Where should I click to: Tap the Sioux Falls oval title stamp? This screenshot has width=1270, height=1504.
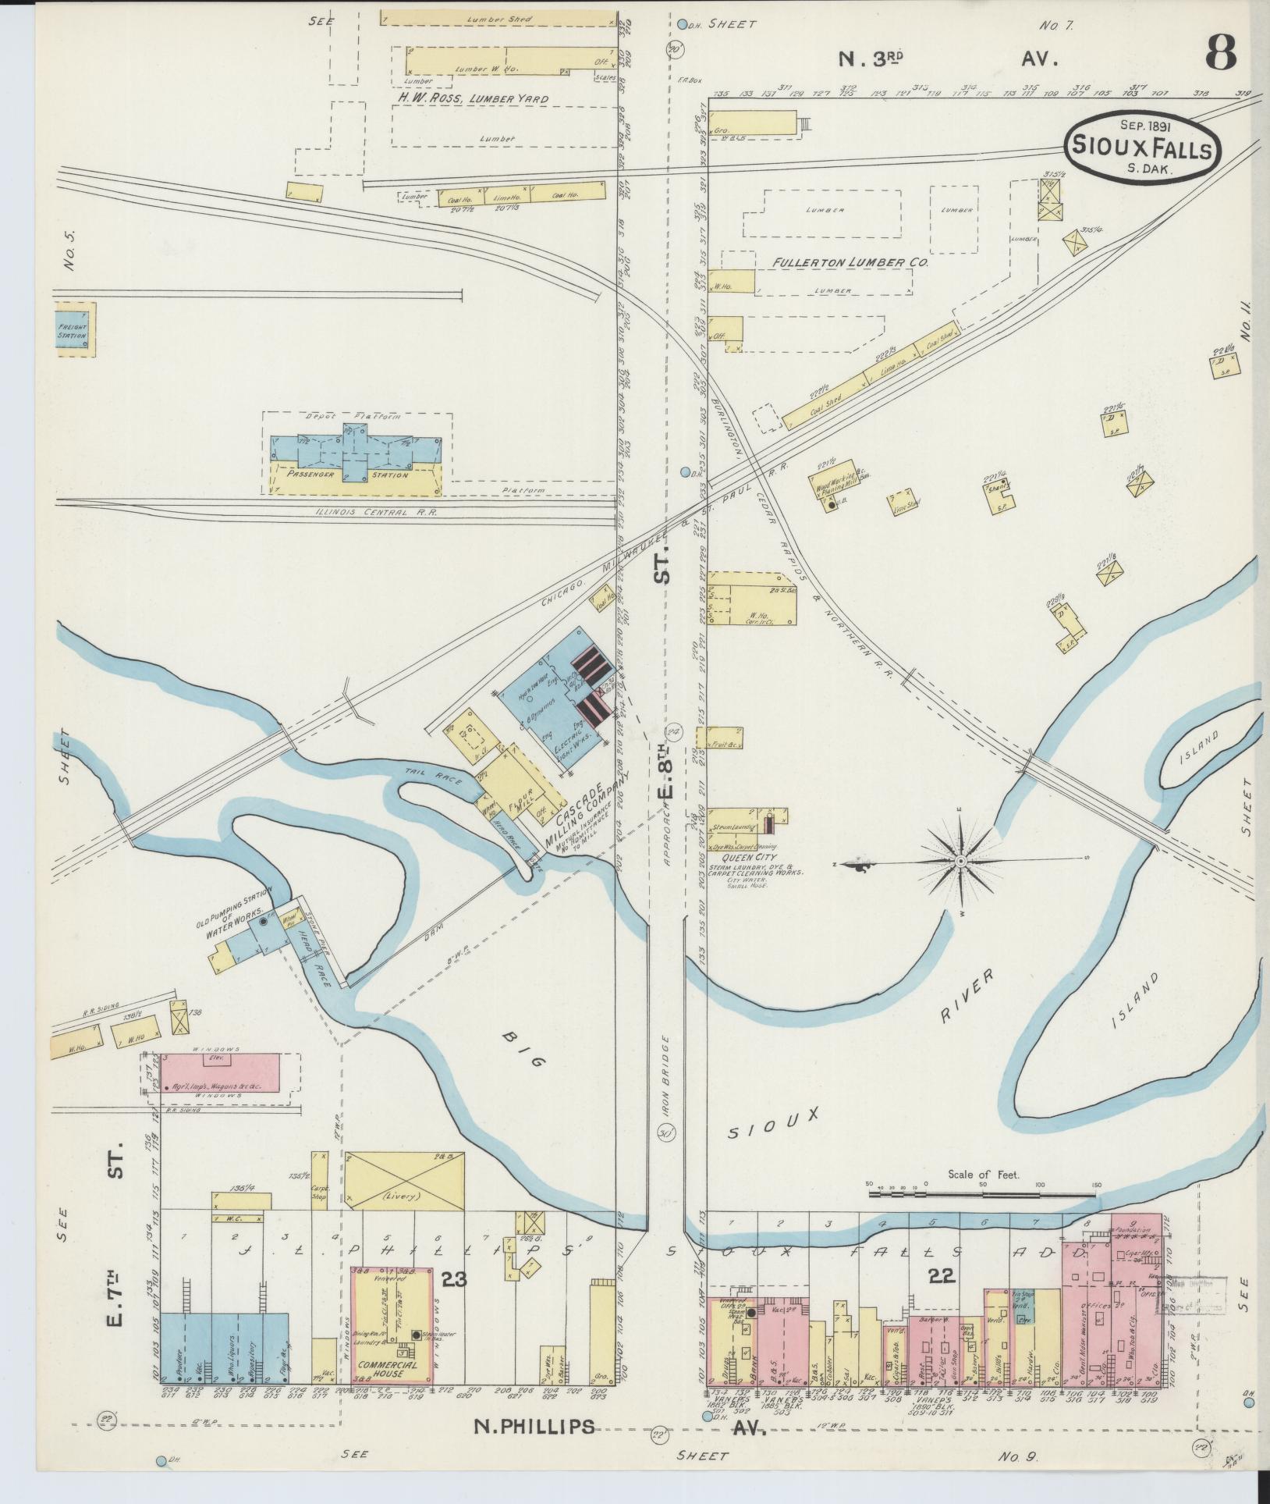1140,146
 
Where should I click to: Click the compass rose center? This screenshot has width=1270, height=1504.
962,861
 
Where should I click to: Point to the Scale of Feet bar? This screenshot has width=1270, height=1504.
982,1216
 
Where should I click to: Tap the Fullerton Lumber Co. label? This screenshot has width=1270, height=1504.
850,263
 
